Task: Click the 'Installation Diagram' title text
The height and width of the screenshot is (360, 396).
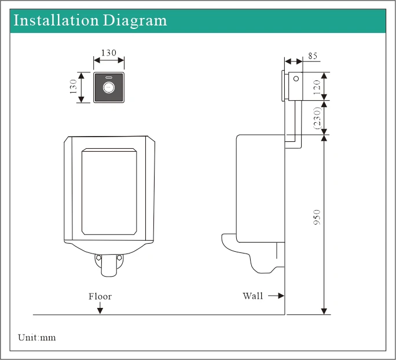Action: [90, 21]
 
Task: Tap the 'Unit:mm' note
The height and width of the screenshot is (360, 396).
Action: [37, 337]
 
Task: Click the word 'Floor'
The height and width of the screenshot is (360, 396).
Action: [100, 296]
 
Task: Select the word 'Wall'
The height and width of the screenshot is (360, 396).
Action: [252, 296]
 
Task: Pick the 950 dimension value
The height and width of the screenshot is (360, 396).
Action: [317, 217]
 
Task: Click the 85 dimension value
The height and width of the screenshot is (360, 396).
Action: [313, 56]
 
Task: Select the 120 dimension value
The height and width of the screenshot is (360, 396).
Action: [317, 86]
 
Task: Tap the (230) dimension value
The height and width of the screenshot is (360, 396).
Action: [317, 118]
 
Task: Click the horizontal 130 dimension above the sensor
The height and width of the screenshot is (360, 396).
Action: [109, 53]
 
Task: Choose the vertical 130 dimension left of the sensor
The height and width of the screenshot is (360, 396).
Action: [74, 87]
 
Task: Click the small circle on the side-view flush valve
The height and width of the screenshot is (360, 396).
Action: [296, 79]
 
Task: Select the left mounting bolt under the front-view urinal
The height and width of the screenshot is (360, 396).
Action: [98, 258]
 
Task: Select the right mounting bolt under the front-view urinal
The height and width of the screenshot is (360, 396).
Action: [119, 258]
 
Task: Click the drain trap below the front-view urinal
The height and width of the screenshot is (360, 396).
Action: [109, 267]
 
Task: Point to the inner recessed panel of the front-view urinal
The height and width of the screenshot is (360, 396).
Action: [109, 191]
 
